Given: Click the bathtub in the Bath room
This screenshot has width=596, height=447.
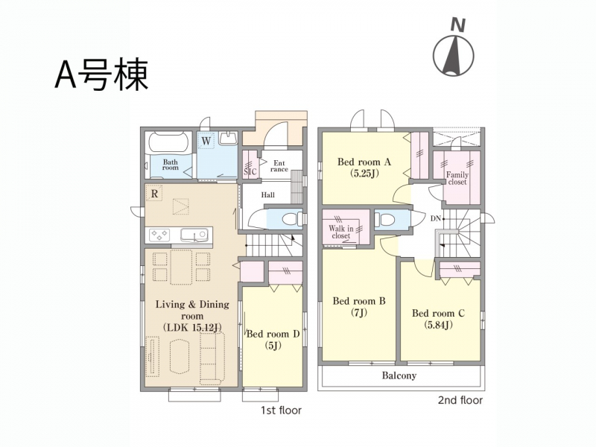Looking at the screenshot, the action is pyautogui.click(x=169, y=143).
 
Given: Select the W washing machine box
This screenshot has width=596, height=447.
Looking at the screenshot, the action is pyautogui.click(x=206, y=141).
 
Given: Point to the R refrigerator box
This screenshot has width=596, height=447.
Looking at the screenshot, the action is pyautogui.click(x=154, y=194).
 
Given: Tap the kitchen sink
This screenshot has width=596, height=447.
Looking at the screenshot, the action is pyautogui.click(x=194, y=235).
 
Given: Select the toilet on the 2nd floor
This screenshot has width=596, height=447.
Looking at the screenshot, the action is pyautogui.click(x=384, y=219).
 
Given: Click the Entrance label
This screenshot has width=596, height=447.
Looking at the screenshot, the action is pyautogui.click(x=279, y=166).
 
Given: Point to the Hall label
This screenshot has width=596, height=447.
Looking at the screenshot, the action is pyautogui.click(x=268, y=195).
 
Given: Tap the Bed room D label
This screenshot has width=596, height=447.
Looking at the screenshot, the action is pyautogui.click(x=273, y=334).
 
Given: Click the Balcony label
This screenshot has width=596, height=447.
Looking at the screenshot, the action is pyautogui.click(x=399, y=375).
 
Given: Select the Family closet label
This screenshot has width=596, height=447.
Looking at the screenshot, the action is pyautogui.click(x=457, y=178).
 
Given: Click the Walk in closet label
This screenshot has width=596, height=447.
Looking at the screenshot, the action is pyautogui.click(x=341, y=232).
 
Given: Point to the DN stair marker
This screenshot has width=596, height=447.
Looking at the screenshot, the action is pyautogui.click(x=436, y=218).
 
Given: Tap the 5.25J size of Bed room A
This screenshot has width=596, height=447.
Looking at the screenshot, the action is pyautogui.click(x=364, y=174).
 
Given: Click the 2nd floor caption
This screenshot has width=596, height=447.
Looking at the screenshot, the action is pyautogui.click(x=460, y=400).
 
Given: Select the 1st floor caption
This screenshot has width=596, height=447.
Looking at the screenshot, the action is pyautogui.click(x=281, y=410).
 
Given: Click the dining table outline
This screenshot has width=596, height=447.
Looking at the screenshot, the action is pyautogui.click(x=181, y=267).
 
